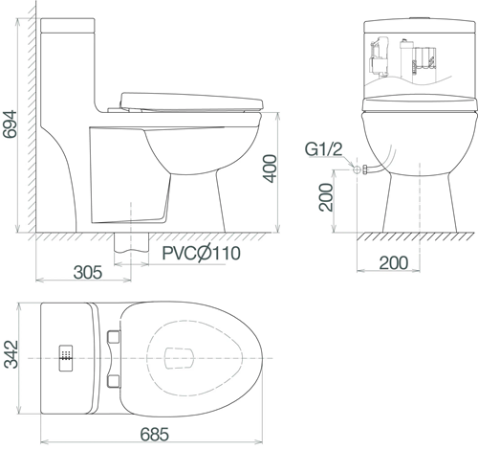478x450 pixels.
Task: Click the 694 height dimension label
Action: click(x=10, y=124)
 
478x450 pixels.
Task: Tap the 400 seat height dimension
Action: click(x=271, y=169)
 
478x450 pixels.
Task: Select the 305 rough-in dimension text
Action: click(x=88, y=273)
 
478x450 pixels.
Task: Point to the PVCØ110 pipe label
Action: click(x=201, y=253)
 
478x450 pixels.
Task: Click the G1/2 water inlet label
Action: click(x=324, y=149)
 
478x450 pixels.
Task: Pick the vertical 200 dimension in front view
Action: click(x=326, y=197)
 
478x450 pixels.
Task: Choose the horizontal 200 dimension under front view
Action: click(x=394, y=262)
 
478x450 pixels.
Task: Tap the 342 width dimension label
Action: click(x=11, y=354)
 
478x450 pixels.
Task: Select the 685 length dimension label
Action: click(x=155, y=435)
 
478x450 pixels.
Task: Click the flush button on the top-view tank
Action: click(x=66, y=358)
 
